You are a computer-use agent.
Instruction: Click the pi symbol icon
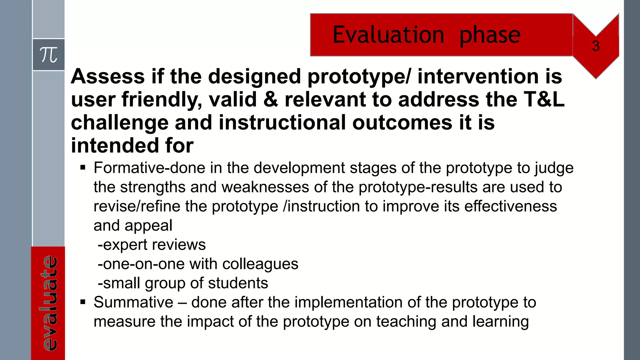49,55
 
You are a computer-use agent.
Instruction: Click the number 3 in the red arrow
596,46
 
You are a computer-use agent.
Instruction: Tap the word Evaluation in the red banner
388,35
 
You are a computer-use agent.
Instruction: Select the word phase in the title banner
490,35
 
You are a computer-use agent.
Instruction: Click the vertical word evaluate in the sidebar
49,303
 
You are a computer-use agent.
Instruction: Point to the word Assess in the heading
107,77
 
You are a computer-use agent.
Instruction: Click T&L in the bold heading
544,99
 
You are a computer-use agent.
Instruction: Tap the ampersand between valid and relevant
271,99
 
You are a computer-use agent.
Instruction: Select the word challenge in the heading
120,123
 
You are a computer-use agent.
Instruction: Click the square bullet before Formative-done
83,168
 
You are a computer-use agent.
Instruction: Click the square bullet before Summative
83,302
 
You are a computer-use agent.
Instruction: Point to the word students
238,283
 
